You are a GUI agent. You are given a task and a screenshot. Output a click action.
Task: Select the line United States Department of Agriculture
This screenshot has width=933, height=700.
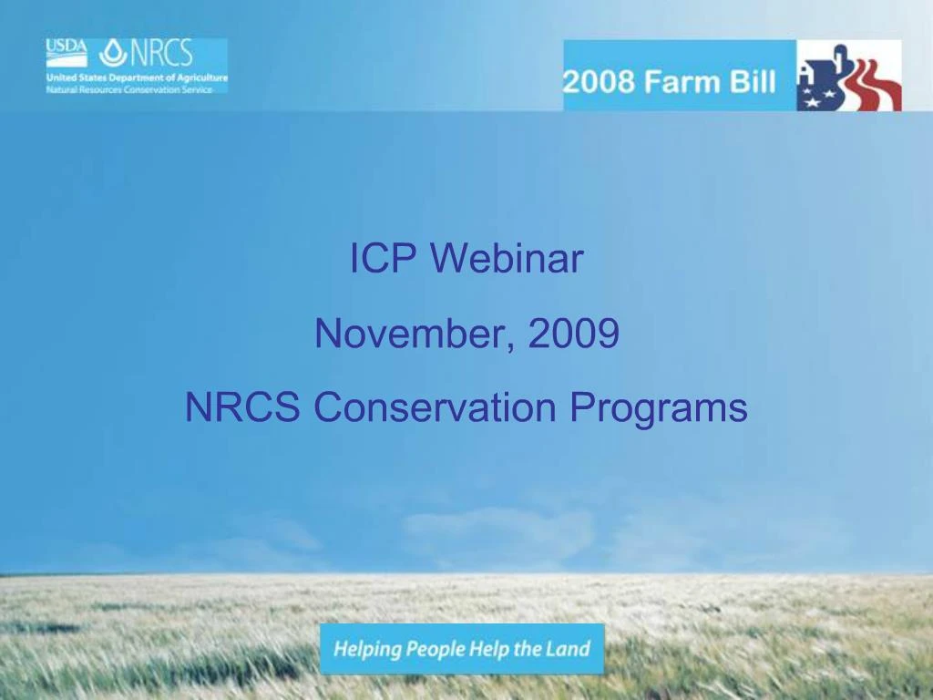pos(138,78)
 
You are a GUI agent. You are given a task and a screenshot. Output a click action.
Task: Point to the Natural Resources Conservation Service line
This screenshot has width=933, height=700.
pos(128,89)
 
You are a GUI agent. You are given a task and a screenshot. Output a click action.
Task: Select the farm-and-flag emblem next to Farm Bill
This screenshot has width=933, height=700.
pos(848,76)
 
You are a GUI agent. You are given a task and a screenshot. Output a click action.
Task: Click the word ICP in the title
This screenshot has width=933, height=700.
pos(378,261)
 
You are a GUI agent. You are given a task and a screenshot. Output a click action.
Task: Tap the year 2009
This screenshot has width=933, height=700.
pos(574,335)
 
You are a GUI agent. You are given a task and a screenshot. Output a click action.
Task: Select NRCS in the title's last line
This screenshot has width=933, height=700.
pos(242,407)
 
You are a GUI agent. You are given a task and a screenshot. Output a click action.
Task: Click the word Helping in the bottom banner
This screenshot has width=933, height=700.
pos(366,650)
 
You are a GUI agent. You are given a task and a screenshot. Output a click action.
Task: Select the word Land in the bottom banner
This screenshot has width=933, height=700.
pos(569,650)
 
